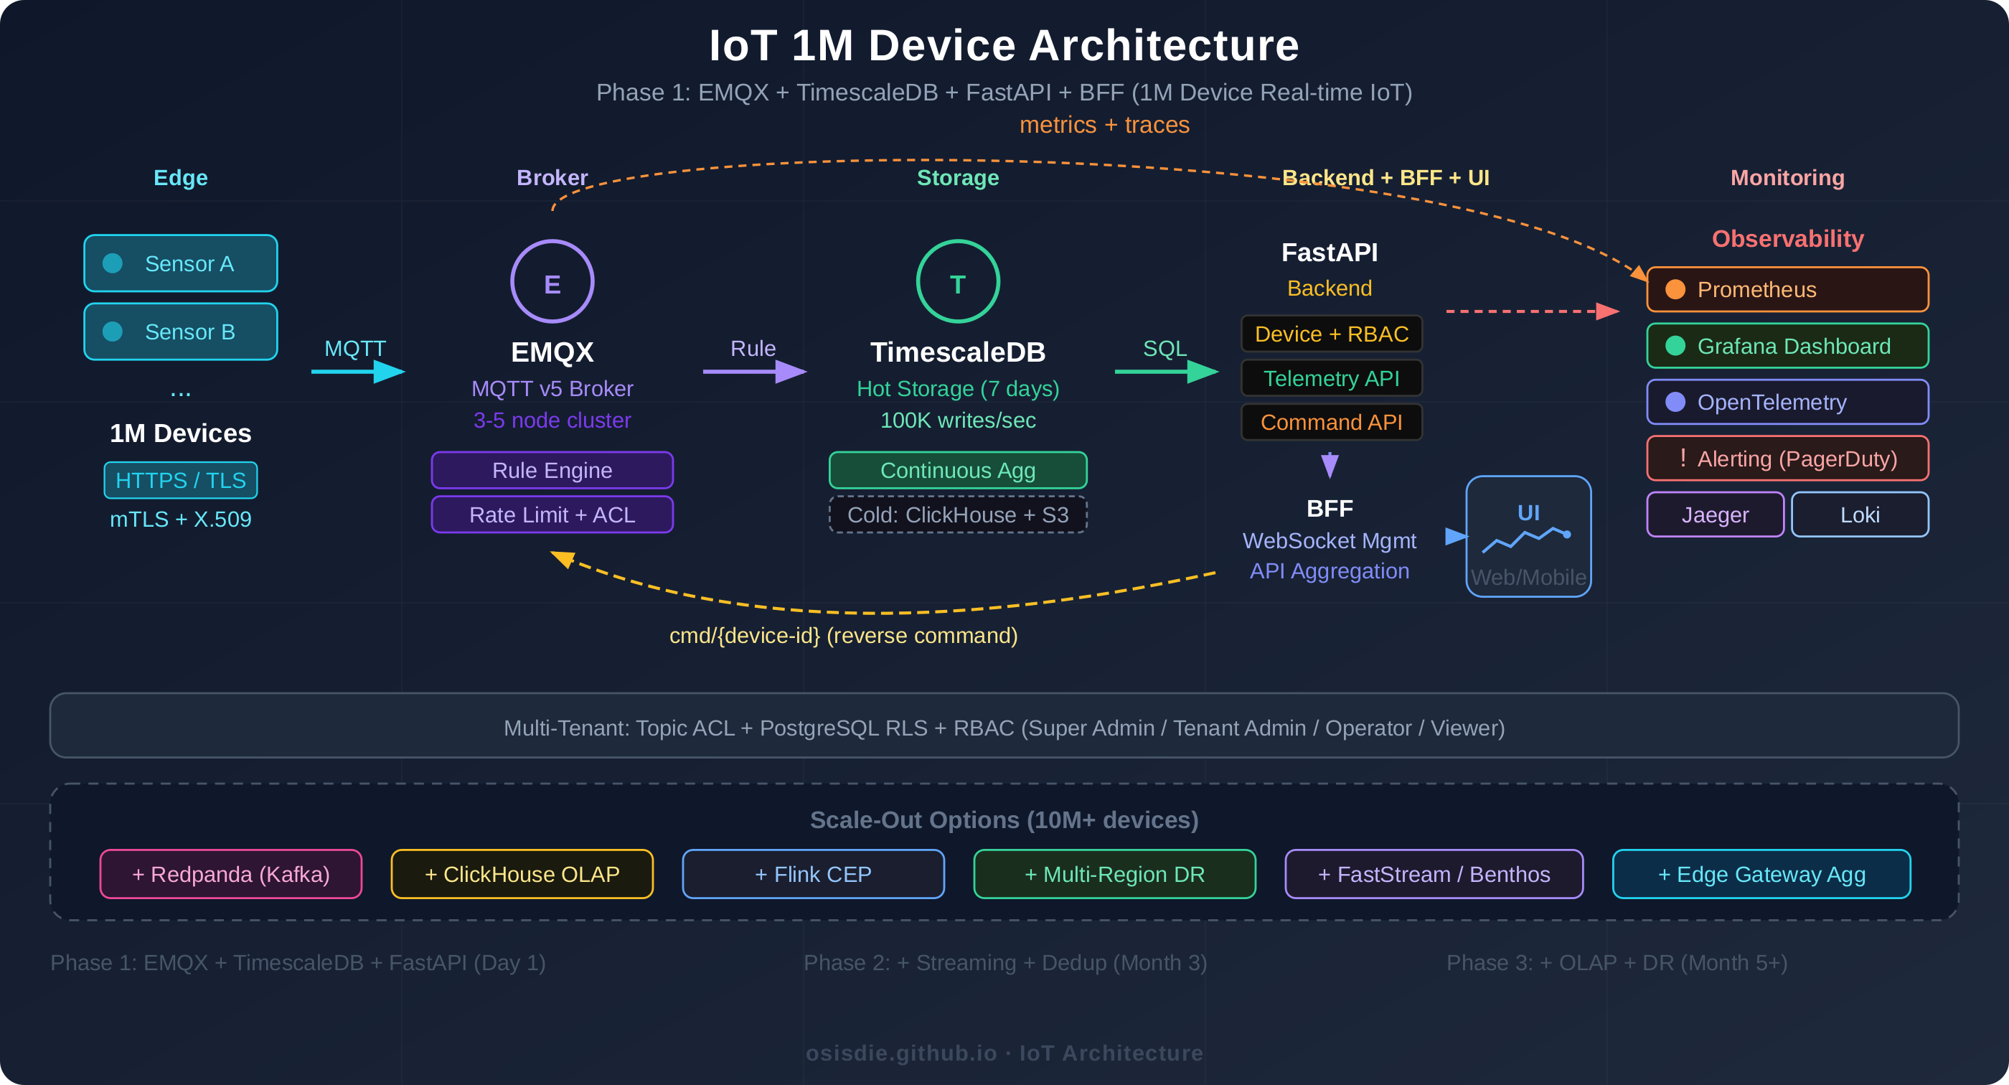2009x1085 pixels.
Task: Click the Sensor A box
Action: click(180, 263)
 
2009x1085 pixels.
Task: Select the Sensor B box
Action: click(180, 332)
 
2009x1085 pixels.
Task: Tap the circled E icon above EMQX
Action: click(552, 281)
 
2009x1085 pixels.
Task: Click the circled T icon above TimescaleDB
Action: click(958, 281)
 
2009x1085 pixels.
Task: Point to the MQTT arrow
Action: click(357, 371)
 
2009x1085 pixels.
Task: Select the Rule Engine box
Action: click(552, 470)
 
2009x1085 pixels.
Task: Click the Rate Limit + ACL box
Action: click(552, 515)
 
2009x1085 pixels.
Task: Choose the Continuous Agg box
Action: click(958, 470)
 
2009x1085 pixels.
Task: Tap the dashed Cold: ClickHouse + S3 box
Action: click(958, 515)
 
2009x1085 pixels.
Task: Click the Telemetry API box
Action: click(1331, 378)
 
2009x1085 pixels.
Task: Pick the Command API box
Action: click(1331, 422)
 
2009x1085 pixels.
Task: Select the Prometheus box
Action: click(1787, 289)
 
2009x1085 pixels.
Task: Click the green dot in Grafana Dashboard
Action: click(1675, 346)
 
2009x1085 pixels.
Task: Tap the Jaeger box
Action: click(1715, 515)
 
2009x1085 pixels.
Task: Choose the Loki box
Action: click(1859, 515)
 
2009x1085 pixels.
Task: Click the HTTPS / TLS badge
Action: click(180, 479)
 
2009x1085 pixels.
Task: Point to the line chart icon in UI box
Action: click(1525, 539)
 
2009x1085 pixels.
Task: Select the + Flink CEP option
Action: click(813, 875)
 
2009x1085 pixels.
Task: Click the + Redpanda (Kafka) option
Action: click(231, 875)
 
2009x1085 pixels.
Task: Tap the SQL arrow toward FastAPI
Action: click(1166, 371)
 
